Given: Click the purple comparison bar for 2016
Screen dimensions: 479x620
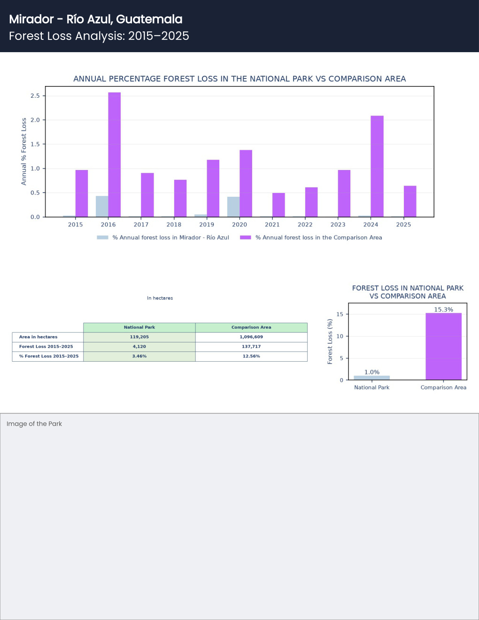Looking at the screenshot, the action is point(115,155).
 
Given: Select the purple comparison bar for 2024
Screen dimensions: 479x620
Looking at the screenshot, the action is point(377,166).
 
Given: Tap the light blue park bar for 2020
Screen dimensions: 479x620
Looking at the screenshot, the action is point(233,207).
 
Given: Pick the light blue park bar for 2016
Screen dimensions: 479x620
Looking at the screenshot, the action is point(102,207).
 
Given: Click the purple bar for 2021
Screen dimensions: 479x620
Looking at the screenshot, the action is point(279,205).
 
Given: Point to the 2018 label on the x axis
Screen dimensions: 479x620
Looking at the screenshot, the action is point(174,225).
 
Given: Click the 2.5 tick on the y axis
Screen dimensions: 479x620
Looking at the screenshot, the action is point(35,96).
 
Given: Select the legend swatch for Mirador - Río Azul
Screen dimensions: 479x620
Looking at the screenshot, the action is point(102,237).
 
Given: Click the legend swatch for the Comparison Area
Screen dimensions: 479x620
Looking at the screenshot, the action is point(245,237).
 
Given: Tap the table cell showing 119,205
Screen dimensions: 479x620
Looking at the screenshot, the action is point(139,337).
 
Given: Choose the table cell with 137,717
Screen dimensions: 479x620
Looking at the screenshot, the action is point(251,347).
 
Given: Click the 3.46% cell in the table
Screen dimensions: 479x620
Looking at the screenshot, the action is point(139,356).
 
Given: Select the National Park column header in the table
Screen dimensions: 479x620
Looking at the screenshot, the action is point(139,327).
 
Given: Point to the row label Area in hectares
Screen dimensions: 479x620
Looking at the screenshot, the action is point(38,337).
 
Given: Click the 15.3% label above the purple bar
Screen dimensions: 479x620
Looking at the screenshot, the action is point(443,310).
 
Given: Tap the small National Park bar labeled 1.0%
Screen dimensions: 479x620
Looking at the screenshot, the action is point(372,378).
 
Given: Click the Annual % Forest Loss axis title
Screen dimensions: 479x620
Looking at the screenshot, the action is point(23,152).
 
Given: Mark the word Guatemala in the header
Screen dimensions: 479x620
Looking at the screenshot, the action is point(149,19).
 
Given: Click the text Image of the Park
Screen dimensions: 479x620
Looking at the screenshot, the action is point(34,424).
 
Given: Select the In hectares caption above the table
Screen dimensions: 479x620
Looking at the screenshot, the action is point(160,298).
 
